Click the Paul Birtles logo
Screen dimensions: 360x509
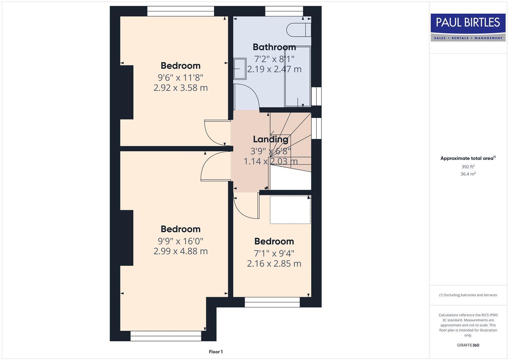pyautogui.click(x=468, y=27)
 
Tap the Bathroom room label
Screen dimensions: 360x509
pyautogui.click(x=274, y=47)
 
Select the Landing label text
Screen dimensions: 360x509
pyautogui.click(x=270, y=139)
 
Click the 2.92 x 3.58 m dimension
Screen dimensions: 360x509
pyautogui.click(x=180, y=88)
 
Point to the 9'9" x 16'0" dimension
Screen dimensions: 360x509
pyautogui.click(x=180, y=241)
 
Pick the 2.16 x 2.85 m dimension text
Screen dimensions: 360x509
pyautogui.click(x=274, y=263)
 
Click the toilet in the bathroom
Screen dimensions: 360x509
pyautogui.click(x=298, y=29)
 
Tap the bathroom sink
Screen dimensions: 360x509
pyautogui.click(x=240, y=69)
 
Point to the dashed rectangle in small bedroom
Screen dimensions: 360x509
pyautogui.click(x=290, y=210)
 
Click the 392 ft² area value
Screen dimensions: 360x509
pyautogui.click(x=468, y=167)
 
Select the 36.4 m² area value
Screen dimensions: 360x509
pyautogui.click(x=468, y=174)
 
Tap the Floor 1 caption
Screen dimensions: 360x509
pyautogui.click(x=216, y=352)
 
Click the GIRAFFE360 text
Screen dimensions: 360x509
pyautogui.click(x=468, y=345)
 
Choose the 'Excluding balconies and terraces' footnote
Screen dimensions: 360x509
pyautogui.click(x=468, y=295)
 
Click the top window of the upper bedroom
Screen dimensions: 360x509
pyautogui.click(x=180, y=11)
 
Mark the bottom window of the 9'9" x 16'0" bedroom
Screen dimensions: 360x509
pyautogui.click(x=166, y=336)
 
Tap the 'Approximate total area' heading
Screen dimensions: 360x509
pyautogui.click(x=468, y=158)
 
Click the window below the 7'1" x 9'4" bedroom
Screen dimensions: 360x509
pyautogui.click(x=272, y=302)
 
